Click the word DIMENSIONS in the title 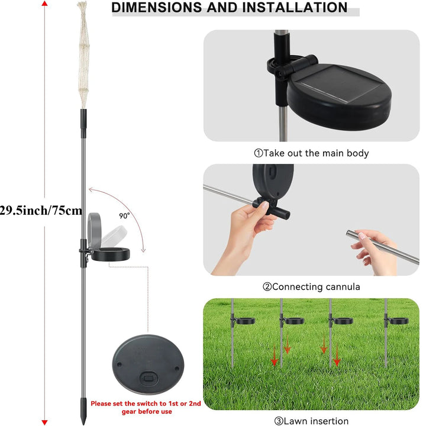click(157, 7)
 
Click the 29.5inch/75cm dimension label click(41, 211)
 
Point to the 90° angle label click(124, 216)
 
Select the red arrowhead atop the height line click(45, 4)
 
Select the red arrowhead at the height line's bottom click(45, 422)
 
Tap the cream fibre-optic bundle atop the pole click(83, 54)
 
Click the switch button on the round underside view click(149, 379)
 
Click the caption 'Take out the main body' click(312, 153)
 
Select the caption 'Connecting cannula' click(311, 287)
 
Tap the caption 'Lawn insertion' click(311, 421)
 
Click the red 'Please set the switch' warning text click(146, 408)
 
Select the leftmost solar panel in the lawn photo click(244, 321)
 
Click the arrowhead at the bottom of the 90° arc click(143, 250)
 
